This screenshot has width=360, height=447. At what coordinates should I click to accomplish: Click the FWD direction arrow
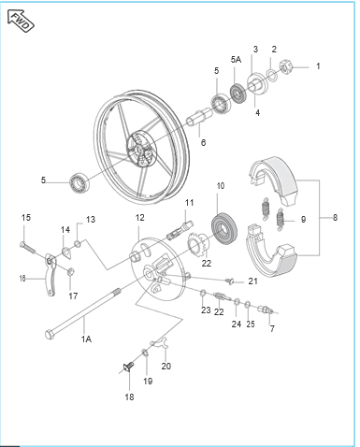pos(21,21)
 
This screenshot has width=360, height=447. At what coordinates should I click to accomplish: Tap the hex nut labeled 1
pos(286,66)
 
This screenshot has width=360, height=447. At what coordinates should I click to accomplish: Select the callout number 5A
pos(236,59)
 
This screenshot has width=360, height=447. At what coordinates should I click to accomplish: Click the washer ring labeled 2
pos(271,76)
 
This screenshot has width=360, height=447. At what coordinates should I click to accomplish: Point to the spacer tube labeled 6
pos(199,116)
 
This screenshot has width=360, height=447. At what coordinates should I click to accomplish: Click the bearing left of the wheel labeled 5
pos(80,181)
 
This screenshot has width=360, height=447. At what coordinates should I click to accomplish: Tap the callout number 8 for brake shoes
pos(335,217)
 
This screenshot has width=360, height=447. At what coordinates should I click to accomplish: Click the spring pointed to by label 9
pos(281,221)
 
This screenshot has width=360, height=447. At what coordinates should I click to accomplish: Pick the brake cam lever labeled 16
pos(50,274)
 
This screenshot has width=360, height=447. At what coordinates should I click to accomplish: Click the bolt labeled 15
pos(28,248)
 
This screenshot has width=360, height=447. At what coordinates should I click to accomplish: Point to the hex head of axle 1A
pos(50,335)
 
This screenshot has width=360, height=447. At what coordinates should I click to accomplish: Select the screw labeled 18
pos(128,368)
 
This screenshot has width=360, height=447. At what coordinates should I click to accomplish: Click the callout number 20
pos(166,366)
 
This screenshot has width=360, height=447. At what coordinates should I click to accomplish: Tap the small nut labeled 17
pos(71,271)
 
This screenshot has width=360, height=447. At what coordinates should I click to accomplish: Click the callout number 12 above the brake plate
pos(140,218)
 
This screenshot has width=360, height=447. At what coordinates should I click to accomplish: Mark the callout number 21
pos(253,281)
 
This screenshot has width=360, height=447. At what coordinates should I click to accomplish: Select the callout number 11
pos(189,203)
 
